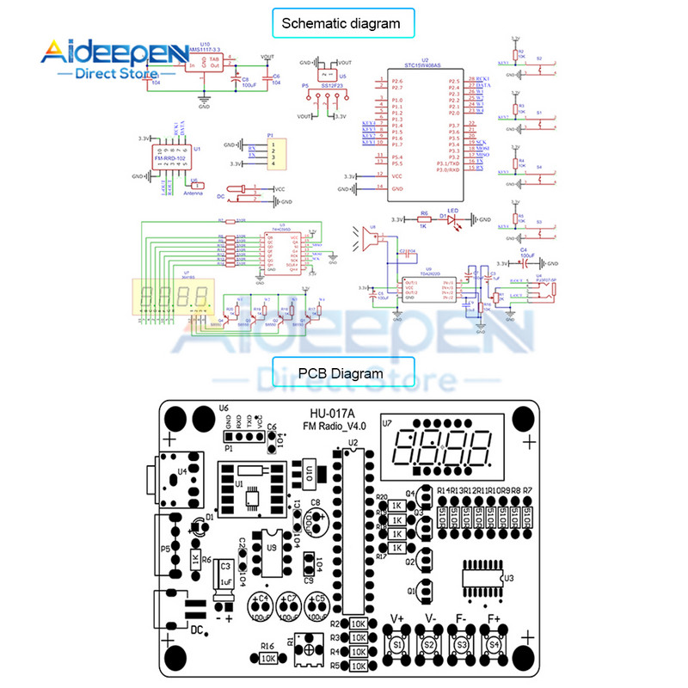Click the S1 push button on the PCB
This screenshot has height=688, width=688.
(397, 643)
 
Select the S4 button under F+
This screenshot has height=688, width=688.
(494, 643)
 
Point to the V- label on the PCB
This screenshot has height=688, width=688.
(430, 618)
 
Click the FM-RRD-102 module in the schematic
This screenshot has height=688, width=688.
(170, 161)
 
